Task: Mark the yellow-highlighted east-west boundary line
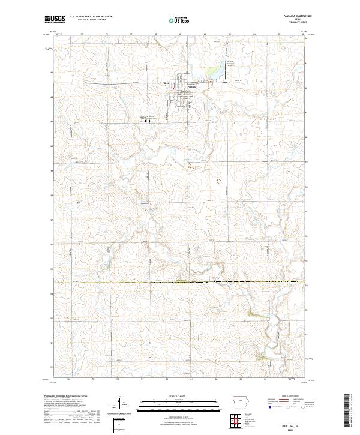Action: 180,282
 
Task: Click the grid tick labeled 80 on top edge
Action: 156,35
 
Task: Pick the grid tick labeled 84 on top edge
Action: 254,35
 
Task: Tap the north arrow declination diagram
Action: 119,403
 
